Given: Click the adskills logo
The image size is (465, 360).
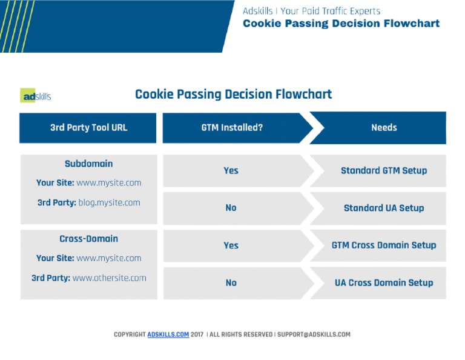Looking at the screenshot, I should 36,96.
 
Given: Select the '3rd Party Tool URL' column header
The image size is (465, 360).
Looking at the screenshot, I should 88,128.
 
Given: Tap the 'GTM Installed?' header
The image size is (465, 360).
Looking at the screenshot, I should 232,128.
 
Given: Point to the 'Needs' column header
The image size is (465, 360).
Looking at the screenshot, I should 384,128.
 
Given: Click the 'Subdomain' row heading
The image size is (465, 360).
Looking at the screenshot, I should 88,164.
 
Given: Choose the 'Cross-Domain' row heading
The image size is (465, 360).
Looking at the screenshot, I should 88,239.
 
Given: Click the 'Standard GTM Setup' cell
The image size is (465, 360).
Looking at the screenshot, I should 384,171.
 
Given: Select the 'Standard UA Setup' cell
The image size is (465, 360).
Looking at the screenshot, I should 384,208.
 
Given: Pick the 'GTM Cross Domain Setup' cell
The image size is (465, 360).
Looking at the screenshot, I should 384,245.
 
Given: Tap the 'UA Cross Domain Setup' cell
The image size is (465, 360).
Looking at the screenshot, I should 384,282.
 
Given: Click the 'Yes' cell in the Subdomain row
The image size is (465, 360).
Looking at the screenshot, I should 231,171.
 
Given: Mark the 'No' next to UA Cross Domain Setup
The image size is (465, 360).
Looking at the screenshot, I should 231,282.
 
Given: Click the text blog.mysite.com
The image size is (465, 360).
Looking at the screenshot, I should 109,203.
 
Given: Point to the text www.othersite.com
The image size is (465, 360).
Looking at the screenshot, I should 109,278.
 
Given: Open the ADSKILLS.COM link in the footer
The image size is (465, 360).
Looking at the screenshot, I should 168,335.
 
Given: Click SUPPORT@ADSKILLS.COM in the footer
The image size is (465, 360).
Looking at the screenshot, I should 314,335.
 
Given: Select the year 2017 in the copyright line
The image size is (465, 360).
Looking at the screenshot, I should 197,335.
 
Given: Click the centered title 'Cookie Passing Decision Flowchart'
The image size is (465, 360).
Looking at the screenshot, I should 233,95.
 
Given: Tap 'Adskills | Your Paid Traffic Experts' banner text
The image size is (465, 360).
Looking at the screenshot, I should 311,11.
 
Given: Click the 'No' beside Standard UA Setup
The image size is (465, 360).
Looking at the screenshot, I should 231,208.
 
